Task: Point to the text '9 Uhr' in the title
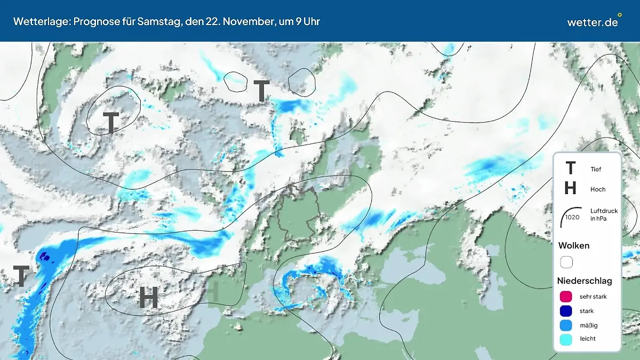click(x=307, y=21)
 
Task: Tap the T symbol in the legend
click(x=570, y=169)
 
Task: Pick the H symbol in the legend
click(x=570, y=188)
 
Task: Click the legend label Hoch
click(x=598, y=189)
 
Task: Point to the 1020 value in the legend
click(x=572, y=217)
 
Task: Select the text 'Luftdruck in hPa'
click(x=604, y=214)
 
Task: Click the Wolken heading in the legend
click(x=573, y=246)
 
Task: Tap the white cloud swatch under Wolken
click(x=566, y=262)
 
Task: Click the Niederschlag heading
click(x=585, y=281)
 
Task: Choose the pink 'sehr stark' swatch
click(x=566, y=297)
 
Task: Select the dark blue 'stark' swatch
click(x=566, y=311)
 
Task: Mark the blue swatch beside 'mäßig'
click(x=566, y=325)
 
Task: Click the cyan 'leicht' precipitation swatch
click(x=566, y=339)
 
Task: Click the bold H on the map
click(x=148, y=297)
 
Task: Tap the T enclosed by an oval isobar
click(x=111, y=123)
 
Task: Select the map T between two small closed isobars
click(x=261, y=91)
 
